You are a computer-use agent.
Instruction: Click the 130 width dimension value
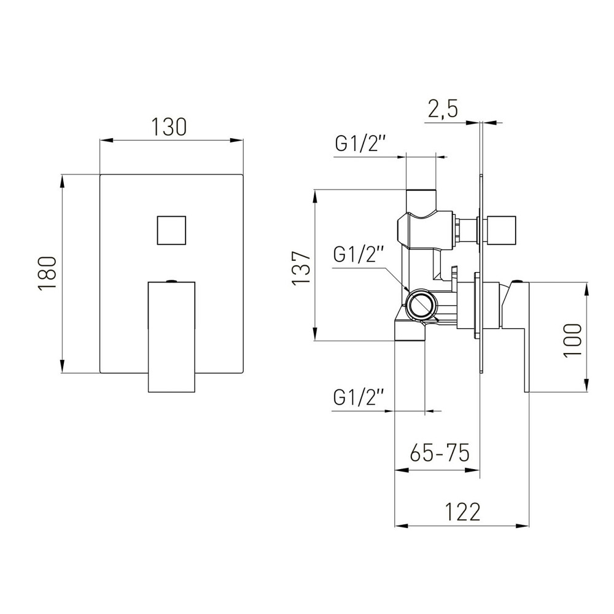click(169, 126)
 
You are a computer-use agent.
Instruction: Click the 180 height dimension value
click(48, 273)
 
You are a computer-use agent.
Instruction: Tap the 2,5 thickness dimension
click(443, 109)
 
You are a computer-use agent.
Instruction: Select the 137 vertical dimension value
click(301, 268)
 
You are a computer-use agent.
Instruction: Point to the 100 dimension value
click(572, 340)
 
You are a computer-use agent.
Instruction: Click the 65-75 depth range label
click(440, 454)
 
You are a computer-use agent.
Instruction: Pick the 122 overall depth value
click(462, 512)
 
